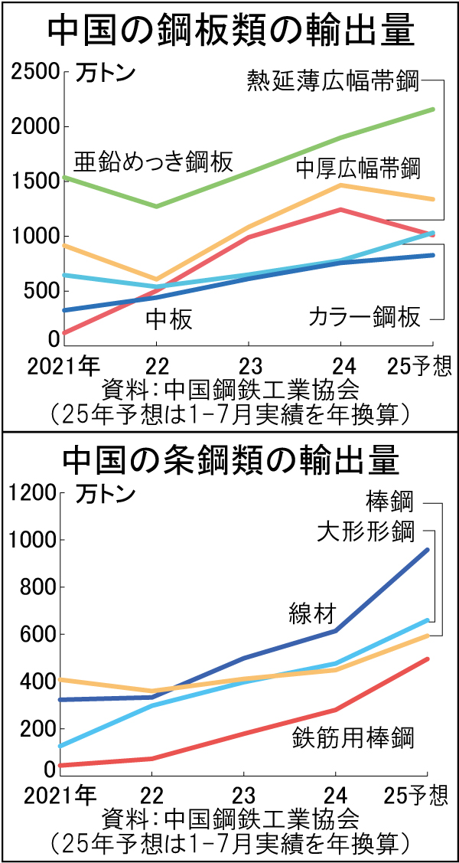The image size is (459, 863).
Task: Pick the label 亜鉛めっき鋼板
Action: pos(153,162)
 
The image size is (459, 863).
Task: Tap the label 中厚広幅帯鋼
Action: pos(358,167)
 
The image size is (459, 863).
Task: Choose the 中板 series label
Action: pos(169,319)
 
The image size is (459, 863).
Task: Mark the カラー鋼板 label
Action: pos(364,316)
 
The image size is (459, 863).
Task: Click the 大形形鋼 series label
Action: pos(366,531)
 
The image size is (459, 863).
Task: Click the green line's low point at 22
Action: pos(157,206)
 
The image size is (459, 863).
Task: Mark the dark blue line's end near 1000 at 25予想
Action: pos(428,550)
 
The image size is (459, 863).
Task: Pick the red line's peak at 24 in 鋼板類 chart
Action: pos(339,210)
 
